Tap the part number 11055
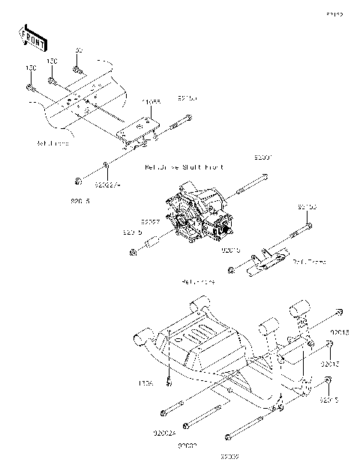(151, 100)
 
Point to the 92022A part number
(109, 181)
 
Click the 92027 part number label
(152, 222)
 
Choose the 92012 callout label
(331, 364)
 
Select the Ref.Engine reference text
(198, 282)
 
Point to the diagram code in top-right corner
(334, 14)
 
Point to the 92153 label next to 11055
(187, 97)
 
